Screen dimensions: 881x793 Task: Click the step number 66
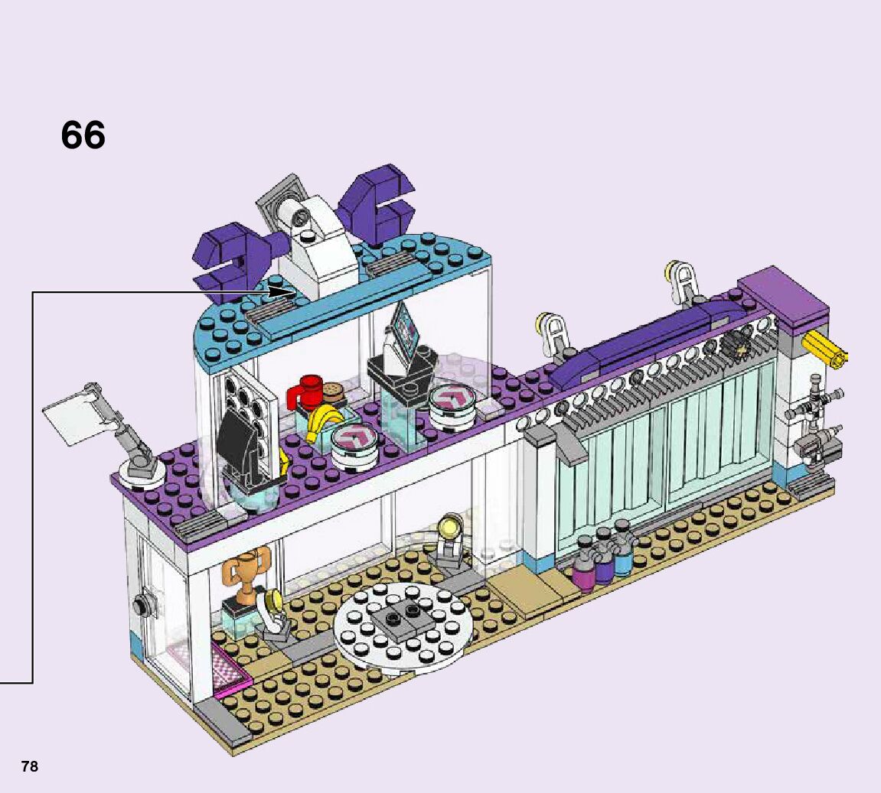point(83,136)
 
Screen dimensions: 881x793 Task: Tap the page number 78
point(29,766)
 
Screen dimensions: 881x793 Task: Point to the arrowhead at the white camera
point(289,292)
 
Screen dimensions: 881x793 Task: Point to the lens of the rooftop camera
point(289,211)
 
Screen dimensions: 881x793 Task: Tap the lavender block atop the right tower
point(782,297)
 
